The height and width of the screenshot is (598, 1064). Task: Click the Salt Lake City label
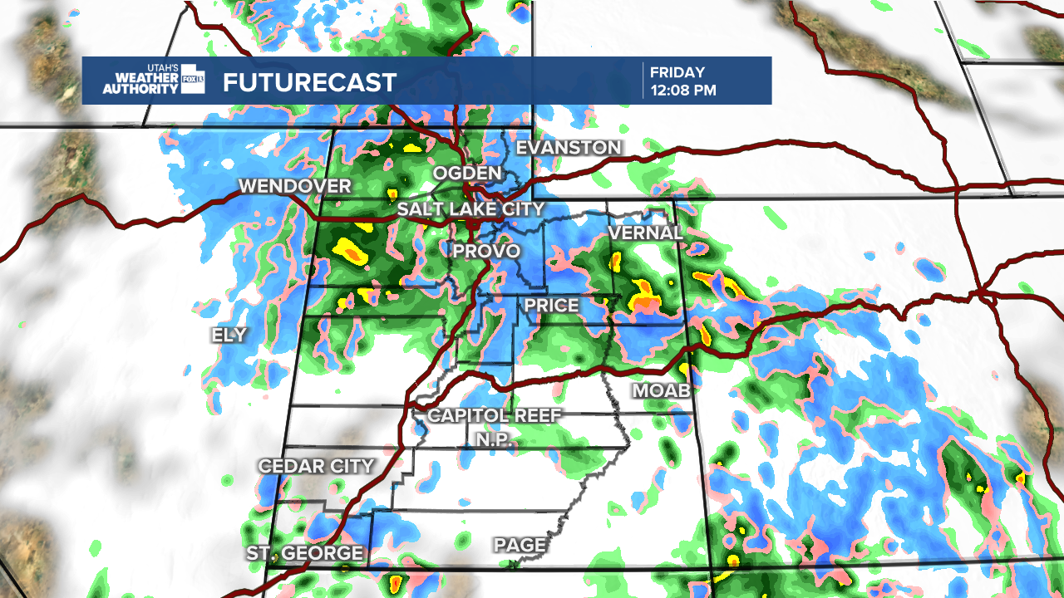click(470, 209)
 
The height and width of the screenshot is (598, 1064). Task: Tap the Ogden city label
click(466, 174)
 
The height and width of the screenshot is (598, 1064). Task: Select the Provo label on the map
click(486, 251)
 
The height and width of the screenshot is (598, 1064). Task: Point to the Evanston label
click(569, 148)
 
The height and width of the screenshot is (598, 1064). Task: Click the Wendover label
click(295, 186)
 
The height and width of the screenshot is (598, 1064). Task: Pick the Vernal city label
click(646, 233)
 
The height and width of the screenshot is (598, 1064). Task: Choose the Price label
click(551, 306)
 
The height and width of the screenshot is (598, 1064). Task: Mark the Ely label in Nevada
click(229, 335)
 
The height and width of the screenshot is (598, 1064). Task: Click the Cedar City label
click(317, 466)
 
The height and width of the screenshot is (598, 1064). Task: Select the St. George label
click(305, 553)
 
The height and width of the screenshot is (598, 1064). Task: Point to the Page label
click(520, 546)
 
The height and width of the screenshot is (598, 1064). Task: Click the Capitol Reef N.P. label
click(495, 426)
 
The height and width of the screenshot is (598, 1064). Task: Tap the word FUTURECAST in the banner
click(310, 83)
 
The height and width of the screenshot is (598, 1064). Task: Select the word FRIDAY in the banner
click(677, 72)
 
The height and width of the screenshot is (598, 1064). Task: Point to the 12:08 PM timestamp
click(683, 91)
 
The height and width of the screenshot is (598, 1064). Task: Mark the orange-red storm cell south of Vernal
click(645, 304)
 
